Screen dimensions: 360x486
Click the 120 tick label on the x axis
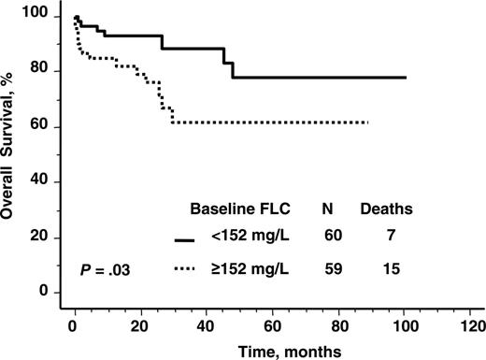472,326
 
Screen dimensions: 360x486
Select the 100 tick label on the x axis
405,326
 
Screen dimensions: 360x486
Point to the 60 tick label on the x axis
272,326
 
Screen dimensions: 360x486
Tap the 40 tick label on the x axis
206,326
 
